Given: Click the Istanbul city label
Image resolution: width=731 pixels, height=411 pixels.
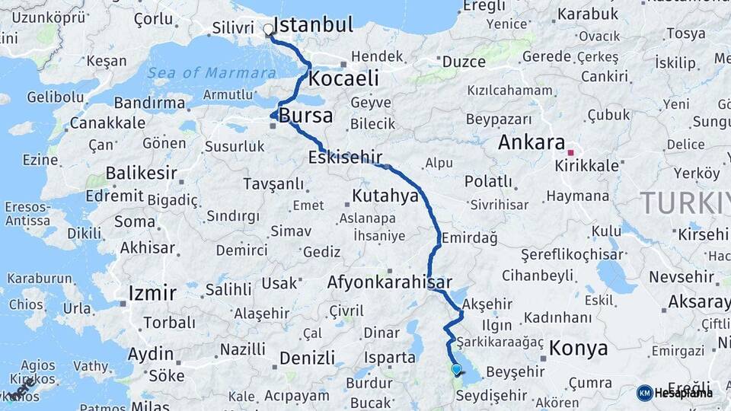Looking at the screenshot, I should (313, 24).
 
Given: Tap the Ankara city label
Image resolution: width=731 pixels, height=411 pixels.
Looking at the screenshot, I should (531, 142).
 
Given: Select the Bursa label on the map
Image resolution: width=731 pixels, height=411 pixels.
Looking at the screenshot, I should (306, 116).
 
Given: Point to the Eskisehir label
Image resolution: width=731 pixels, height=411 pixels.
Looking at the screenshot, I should (344, 158).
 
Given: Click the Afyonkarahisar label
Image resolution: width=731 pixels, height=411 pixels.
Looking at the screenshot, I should (389, 282).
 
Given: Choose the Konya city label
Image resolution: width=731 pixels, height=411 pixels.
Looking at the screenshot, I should (578, 349).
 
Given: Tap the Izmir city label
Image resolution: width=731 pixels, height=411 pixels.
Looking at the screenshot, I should (152, 293).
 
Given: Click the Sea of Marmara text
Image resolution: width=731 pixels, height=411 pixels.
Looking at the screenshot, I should (212, 73).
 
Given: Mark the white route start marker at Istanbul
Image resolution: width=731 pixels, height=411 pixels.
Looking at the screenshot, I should (268, 31).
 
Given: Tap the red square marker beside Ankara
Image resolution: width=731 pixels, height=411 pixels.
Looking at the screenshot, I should (570, 152).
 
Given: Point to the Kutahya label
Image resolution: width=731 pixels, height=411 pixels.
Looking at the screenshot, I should (385, 196).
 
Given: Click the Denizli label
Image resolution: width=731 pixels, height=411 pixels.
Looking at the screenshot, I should (307, 358).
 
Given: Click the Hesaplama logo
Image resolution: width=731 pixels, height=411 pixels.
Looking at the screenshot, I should (675, 393).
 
